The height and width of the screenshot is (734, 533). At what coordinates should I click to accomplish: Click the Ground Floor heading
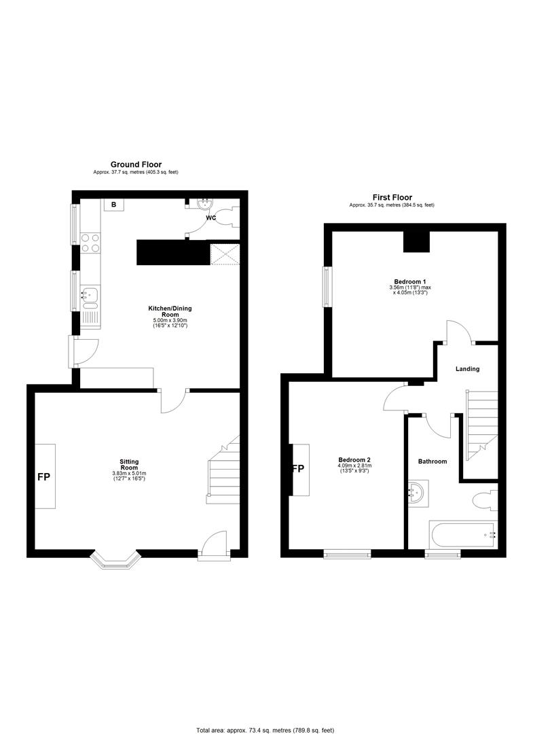pyautogui.click(x=136, y=164)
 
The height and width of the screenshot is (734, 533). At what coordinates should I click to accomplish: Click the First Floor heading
pyautogui.click(x=392, y=197)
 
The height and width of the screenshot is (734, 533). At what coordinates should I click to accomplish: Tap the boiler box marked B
pyautogui.click(x=113, y=205)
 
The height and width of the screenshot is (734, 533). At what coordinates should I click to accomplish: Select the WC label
pyautogui.click(x=211, y=217)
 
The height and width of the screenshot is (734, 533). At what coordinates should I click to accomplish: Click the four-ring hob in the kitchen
pyautogui.click(x=90, y=243)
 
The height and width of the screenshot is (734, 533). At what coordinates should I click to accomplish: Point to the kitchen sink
pyautogui.click(x=90, y=298)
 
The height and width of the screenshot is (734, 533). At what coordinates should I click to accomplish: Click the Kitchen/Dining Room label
pyautogui.click(x=170, y=311)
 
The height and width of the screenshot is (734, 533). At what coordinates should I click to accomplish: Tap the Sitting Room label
pyautogui.click(x=129, y=465)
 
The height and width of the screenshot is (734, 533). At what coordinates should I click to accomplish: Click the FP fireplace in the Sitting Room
pyautogui.click(x=45, y=476)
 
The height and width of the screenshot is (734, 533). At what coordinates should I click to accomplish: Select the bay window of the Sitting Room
pyautogui.click(x=115, y=559)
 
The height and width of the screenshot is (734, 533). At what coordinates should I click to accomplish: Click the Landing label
pyautogui.click(x=468, y=369)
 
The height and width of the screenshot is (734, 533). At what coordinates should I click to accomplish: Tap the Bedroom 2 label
pyautogui.click(x=354, y=459)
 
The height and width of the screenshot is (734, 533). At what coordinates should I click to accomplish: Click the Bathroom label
pyautogui.click(x=433, y=461)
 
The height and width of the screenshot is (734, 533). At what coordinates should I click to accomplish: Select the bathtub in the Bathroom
pyautogui.click(x=463, y=535)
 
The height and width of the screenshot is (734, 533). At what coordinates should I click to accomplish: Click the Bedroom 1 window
pyautogui.click(x=326, y=287)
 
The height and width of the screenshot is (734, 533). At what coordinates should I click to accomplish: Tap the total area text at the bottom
pyautogui.click(x=265, y=730)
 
